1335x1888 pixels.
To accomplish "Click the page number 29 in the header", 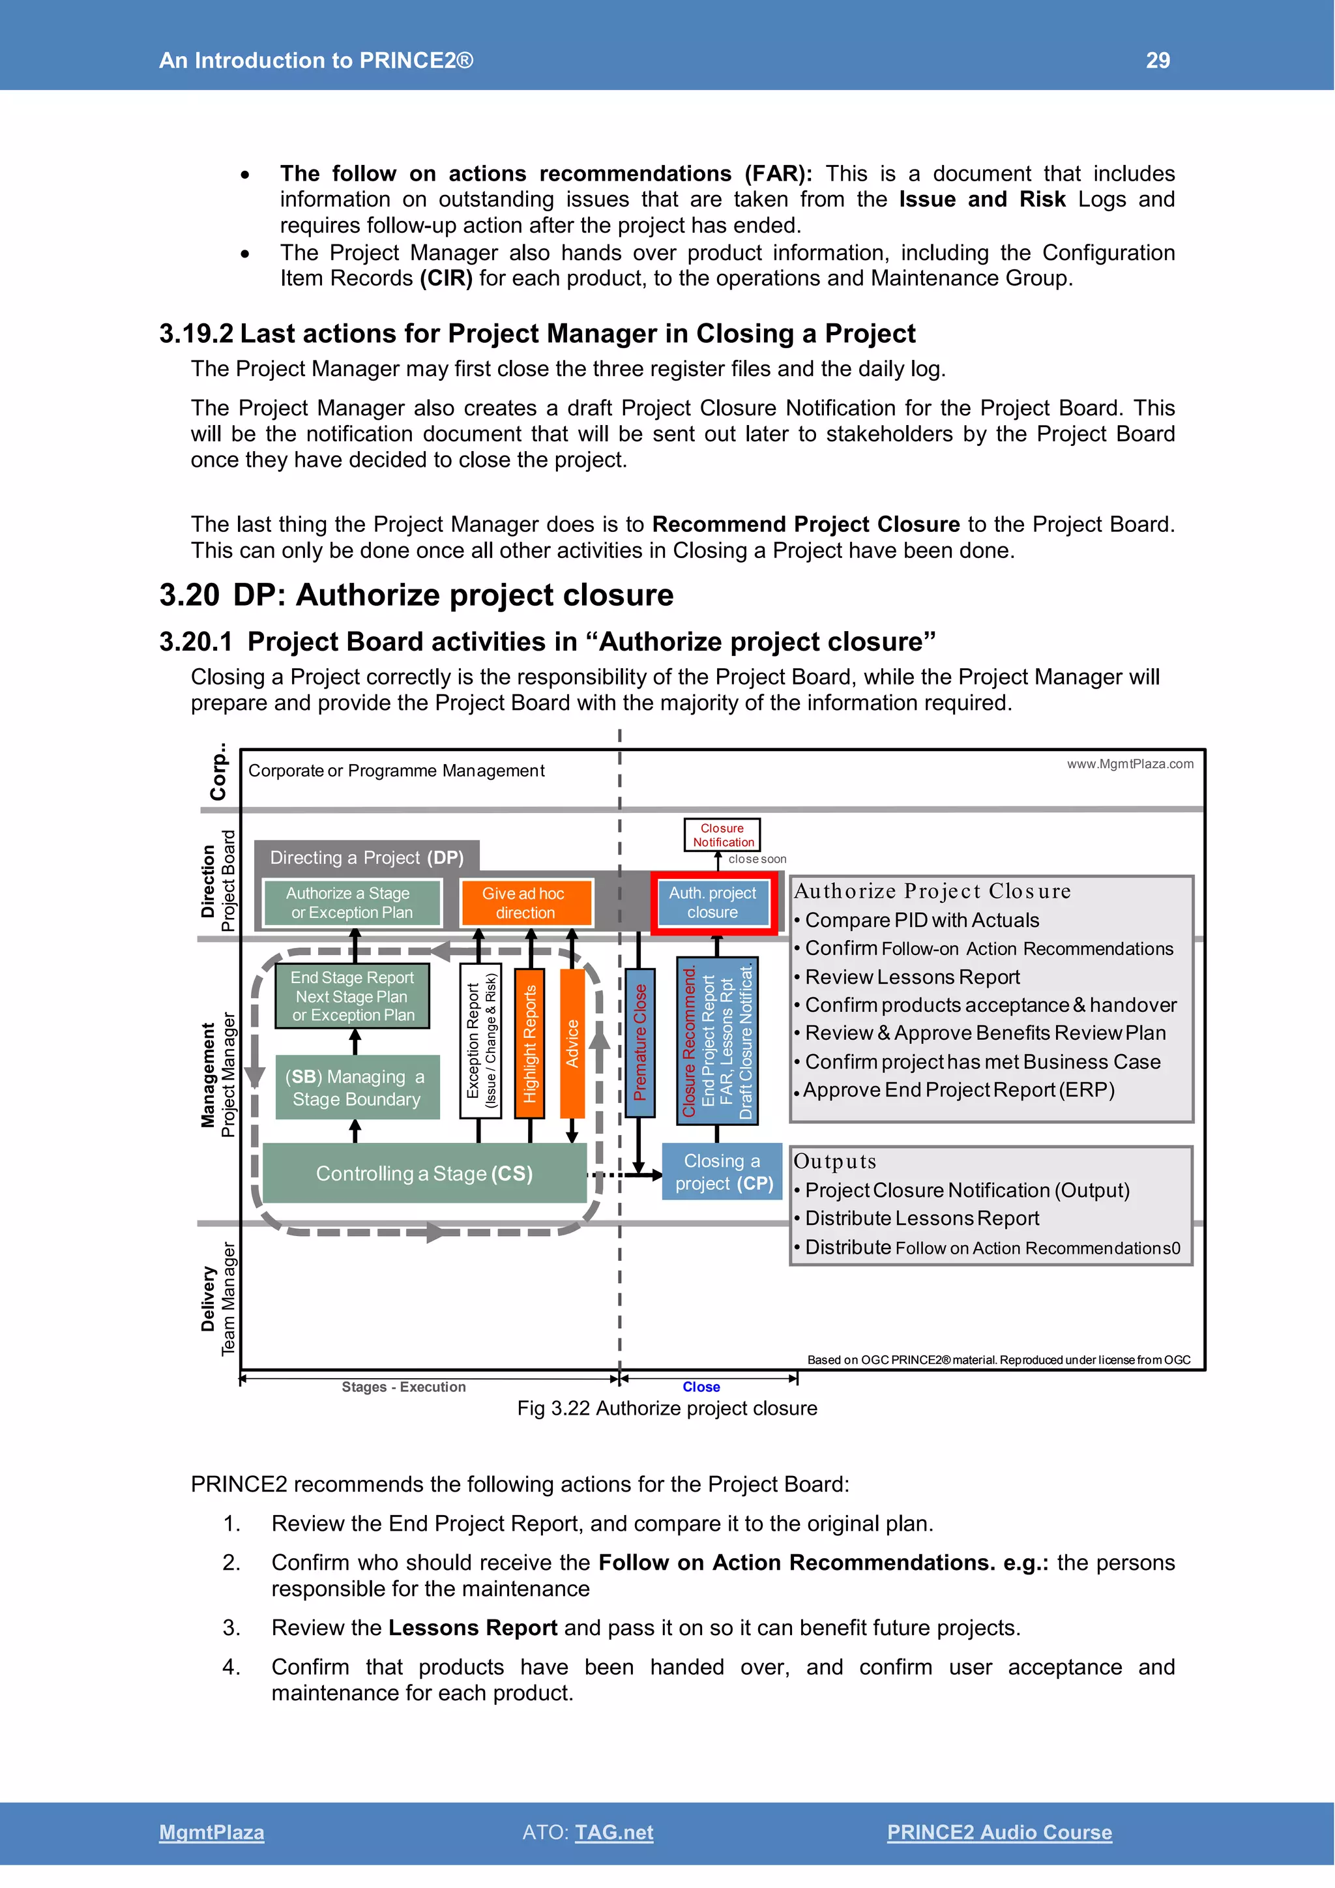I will pyautogui.click(x=1158, y=60).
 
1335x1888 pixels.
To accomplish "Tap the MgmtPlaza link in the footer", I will pyautogui.click(x=211, y=1832).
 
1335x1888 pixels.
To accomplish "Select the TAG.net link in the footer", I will pyautogui.click(x=613, y=1832).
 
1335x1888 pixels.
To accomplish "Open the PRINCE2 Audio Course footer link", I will pyautogui.click(x=999, y=1832).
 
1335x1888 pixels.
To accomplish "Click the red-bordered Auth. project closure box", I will pyautogui.click(x=712, y=903).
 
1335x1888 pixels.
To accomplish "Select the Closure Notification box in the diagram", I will pyautogui.click(x=722, y=834).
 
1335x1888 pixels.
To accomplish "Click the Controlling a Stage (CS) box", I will pyautogui.click(x=424, y=1173).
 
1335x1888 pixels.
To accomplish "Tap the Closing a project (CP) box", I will pyautogui.click(x=722, y=1172).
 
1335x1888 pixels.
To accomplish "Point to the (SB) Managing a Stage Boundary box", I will pyautogui.click(x=356, y=1087).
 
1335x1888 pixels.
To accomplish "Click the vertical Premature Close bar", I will pyautogui.click(x=639, y=1042).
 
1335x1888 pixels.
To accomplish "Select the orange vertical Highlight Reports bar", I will pyautogui.click(x=529, y=1042).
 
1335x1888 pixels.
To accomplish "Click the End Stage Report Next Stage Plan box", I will pyautogui.click(x=353, y=996).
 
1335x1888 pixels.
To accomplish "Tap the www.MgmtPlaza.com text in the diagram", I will pyautogui.click(x=1130, y=764).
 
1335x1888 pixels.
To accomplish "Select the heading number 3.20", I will pyautogui.click(x=189, y=595).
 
